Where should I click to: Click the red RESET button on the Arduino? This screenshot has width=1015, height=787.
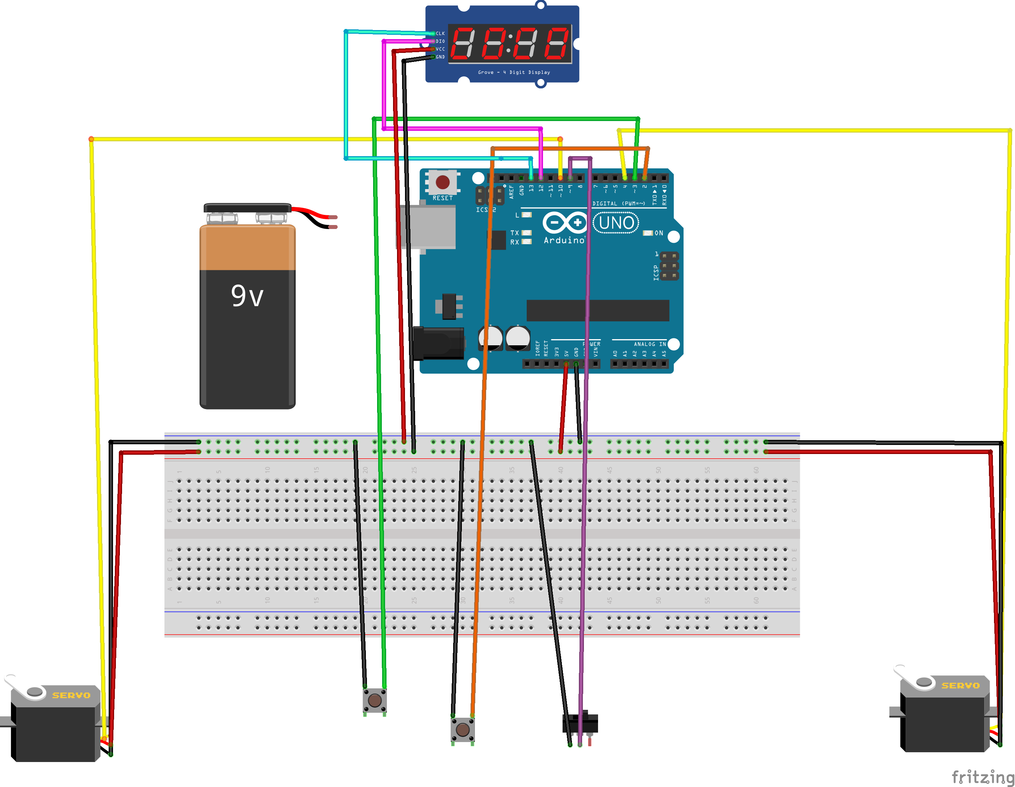click(442, 182)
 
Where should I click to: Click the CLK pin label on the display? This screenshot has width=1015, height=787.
click(440, 33)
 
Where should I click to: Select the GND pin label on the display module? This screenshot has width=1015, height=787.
click(440, 57)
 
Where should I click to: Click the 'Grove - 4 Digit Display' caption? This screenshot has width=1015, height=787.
click(514, 72)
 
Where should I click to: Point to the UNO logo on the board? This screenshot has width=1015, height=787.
click(616, 223)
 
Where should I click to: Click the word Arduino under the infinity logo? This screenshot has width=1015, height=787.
click(564, 240)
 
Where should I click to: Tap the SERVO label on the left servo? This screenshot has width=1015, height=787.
click(71, 695)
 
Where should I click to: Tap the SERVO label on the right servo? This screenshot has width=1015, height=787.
click(960, 686)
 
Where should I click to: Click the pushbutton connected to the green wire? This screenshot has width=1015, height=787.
click(375, 700)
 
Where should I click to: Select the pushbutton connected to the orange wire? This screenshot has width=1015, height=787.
click(463, 729)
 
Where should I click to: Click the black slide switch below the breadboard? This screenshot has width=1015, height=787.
click(580, 723)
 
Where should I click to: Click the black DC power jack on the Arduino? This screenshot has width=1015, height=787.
click(438, 343)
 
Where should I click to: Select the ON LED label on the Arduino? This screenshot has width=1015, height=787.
click(659, 233)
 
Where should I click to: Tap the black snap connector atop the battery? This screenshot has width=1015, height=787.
click(247, 207)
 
